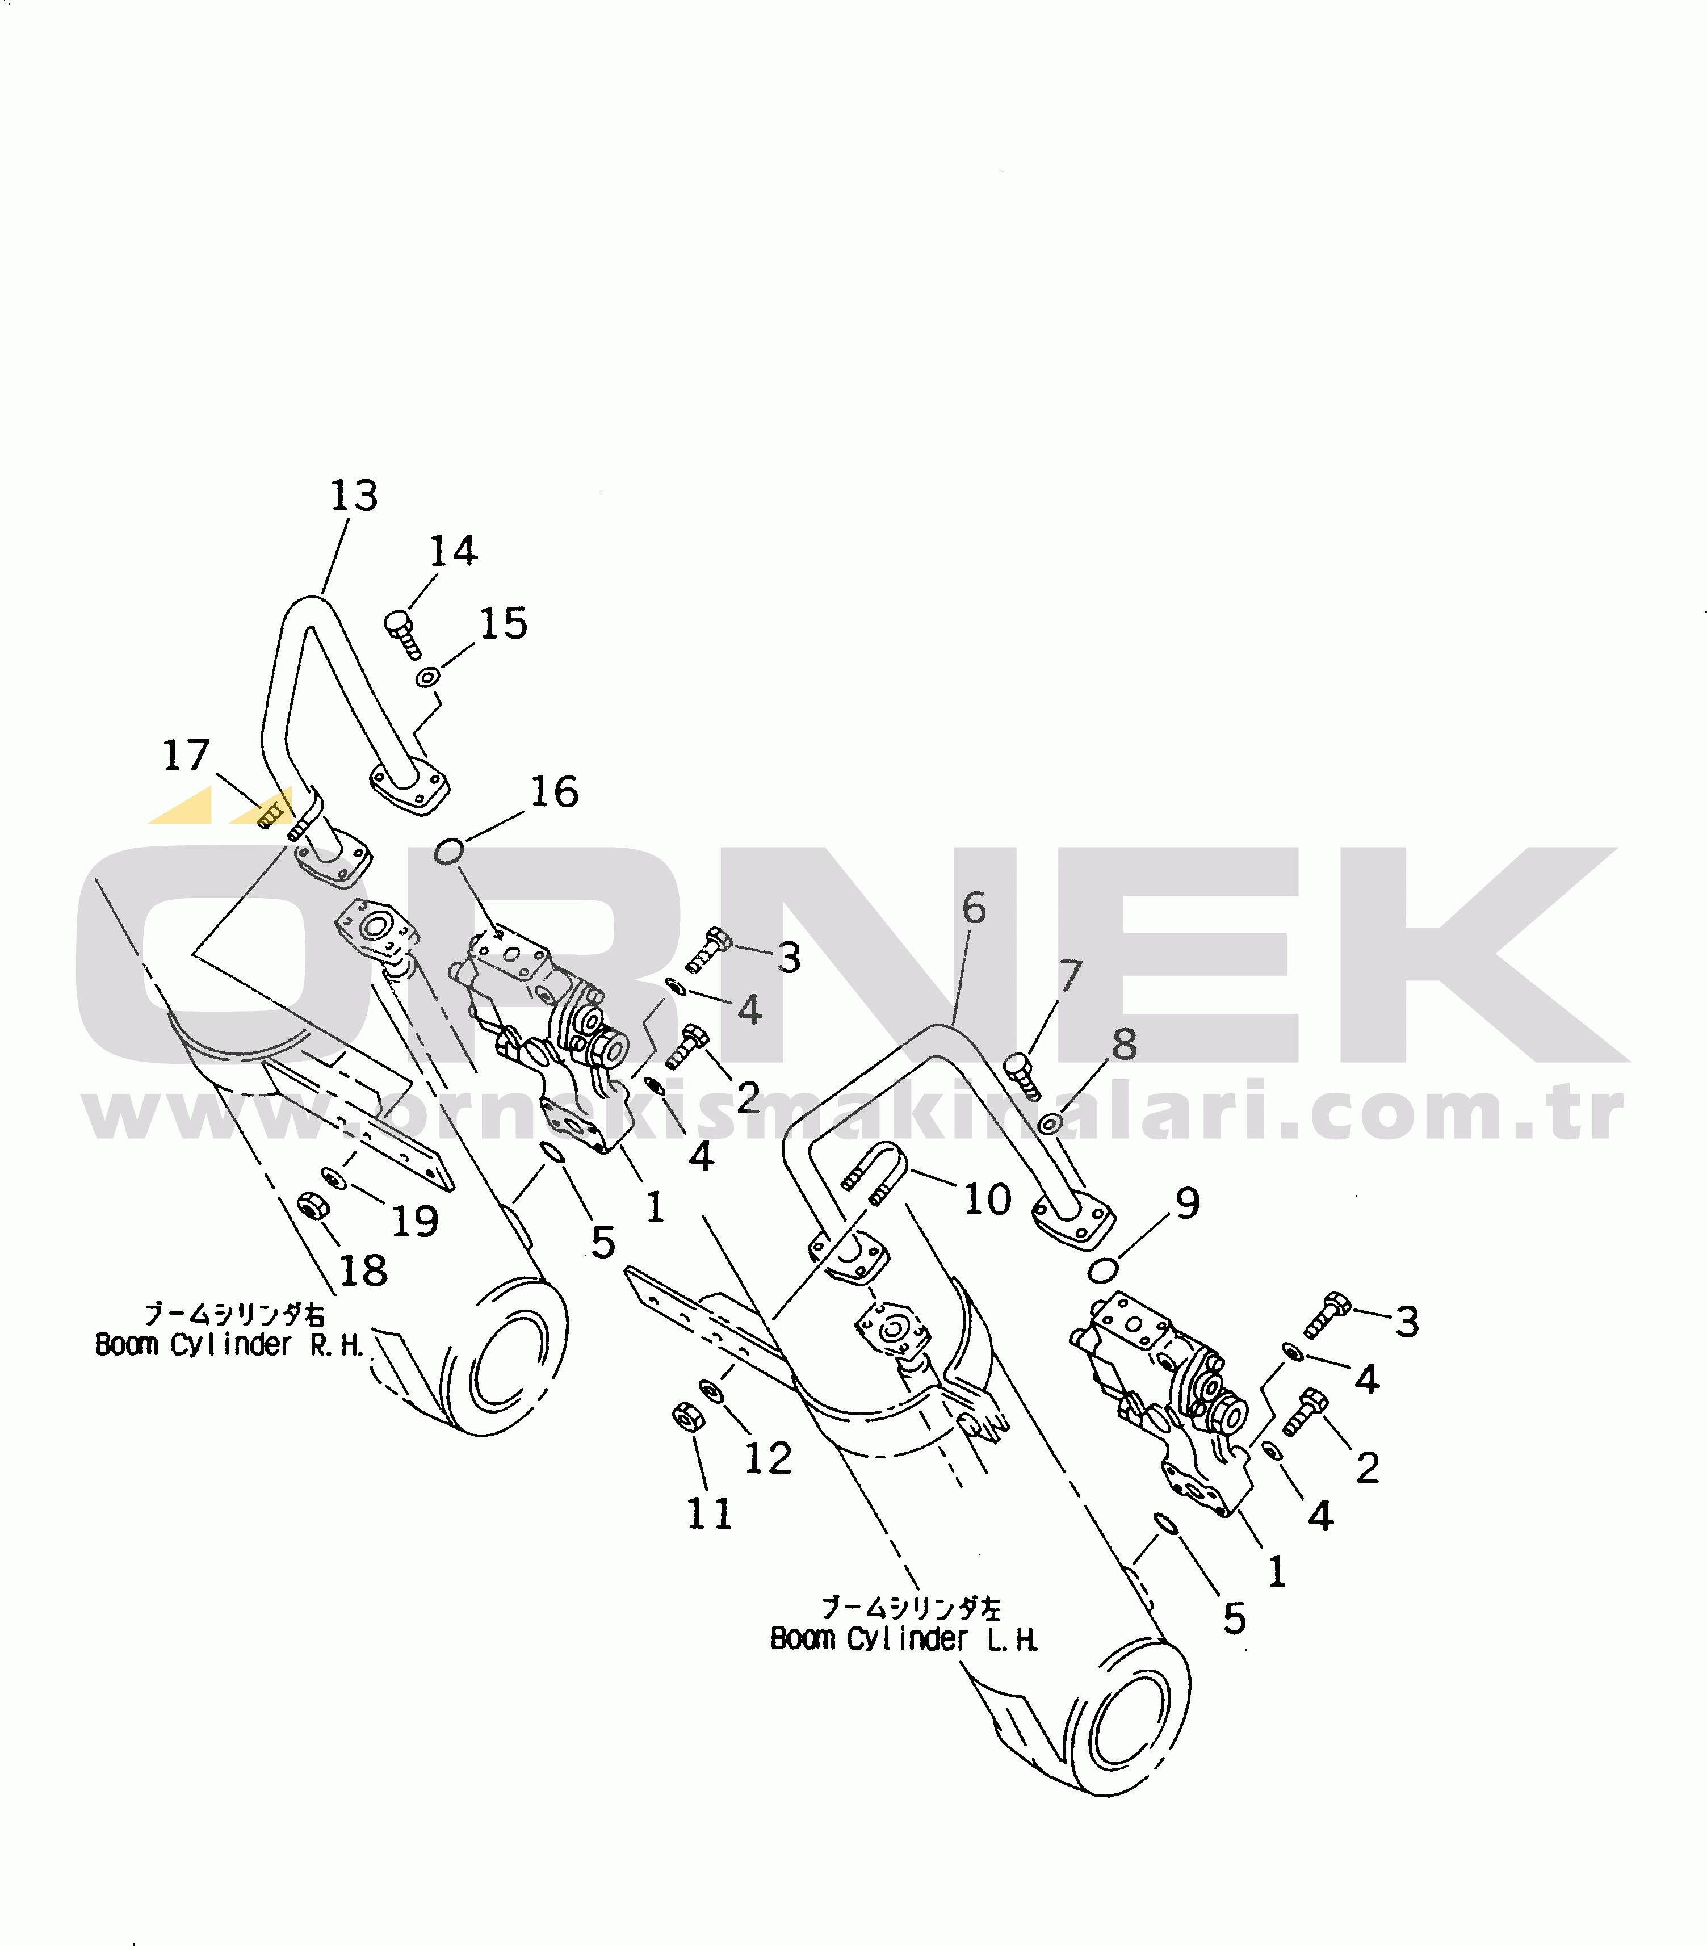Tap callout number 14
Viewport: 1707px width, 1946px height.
click(x=452, y=551)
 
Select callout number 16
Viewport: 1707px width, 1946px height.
click(x=554, y=791)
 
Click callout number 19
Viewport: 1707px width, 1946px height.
click(x=415, y=1222)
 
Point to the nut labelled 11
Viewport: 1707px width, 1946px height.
click(x=685, y=1417)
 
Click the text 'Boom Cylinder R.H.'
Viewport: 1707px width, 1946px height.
click(x=229, y=1344)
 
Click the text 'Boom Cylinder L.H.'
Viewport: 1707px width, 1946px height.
click(x=904, y=1638)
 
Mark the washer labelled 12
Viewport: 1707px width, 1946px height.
click(x=710, y=1390)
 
